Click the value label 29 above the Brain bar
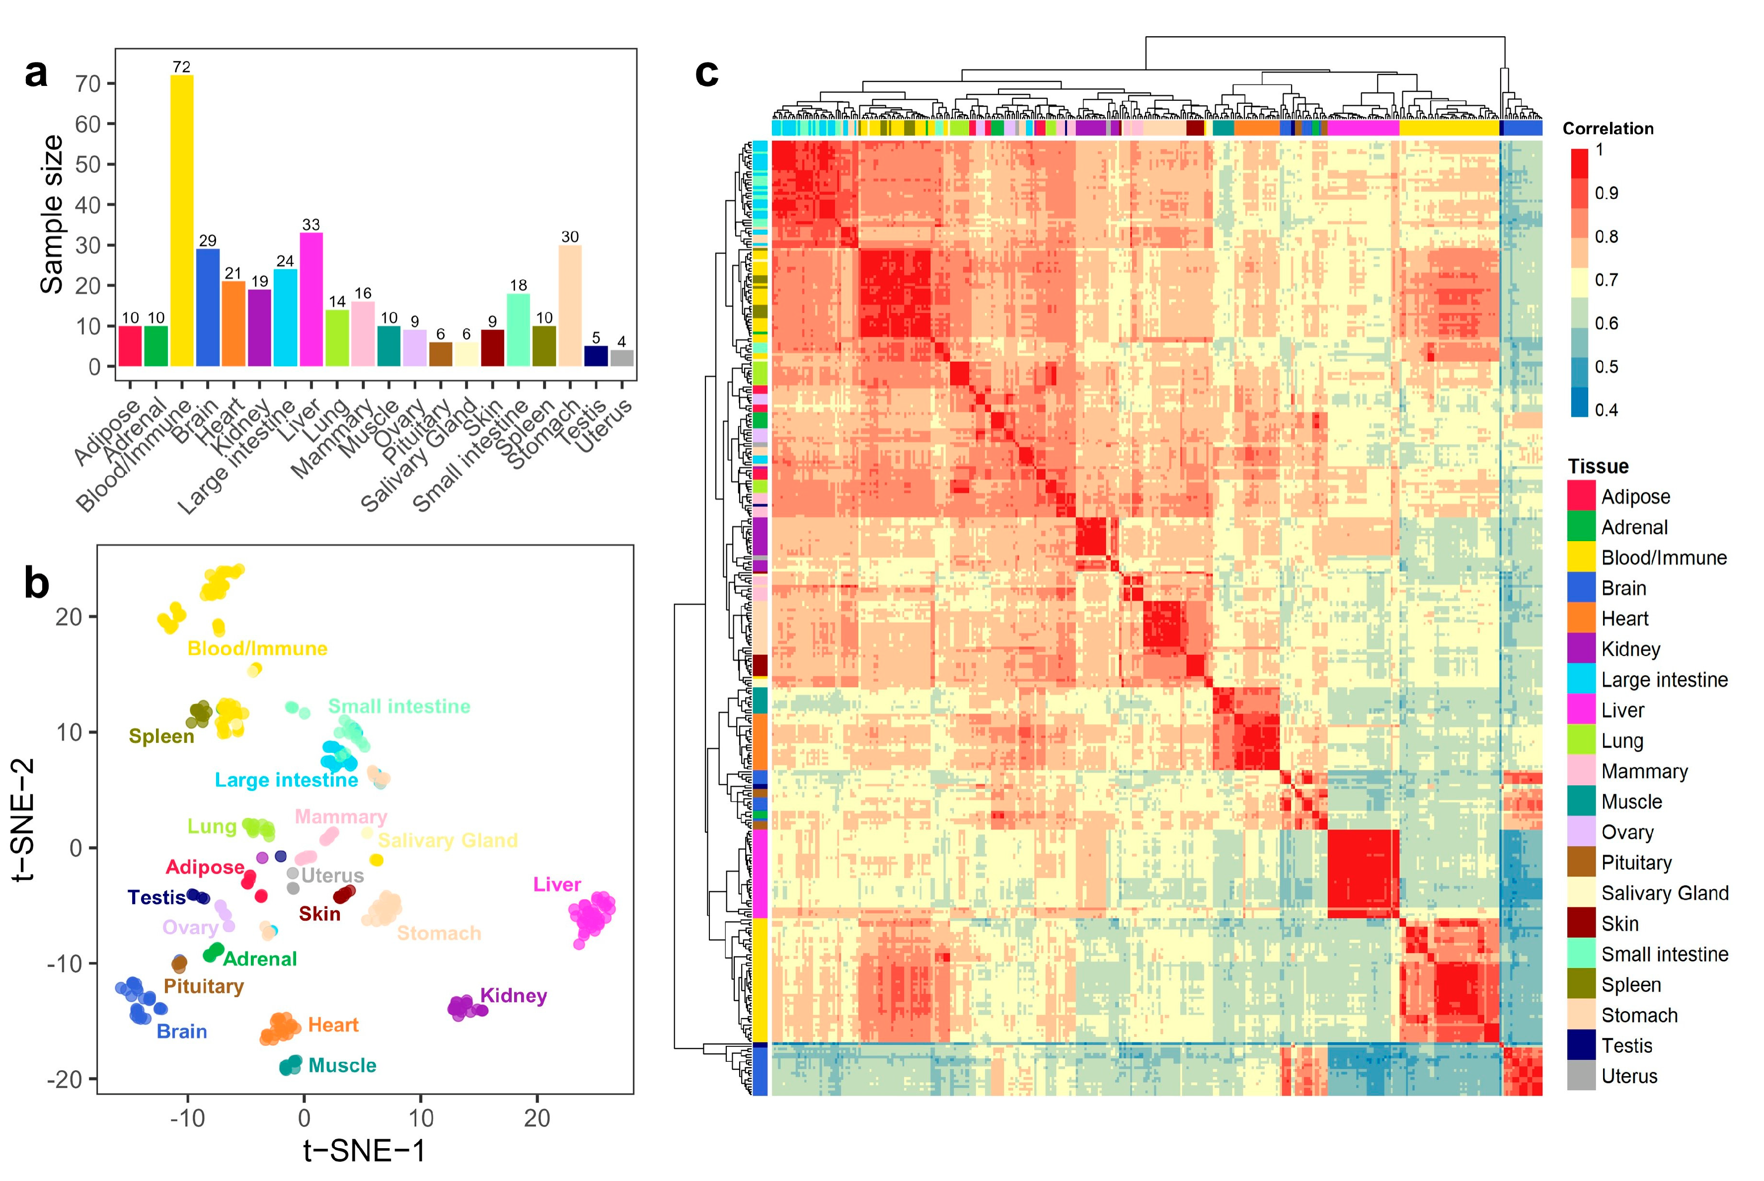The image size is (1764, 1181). (208, 241)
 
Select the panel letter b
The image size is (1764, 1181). (36, 584)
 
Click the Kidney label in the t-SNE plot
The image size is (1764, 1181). (514, 996)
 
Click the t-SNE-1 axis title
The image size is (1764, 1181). (365, 1150)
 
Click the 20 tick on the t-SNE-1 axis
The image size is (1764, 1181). (537, 1118)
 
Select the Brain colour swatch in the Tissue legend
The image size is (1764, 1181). (1581, 588)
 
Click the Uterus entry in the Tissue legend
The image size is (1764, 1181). (1628, 1076)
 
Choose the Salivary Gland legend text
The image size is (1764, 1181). (1665, 893)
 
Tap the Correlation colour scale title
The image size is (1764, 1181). (1608, 129)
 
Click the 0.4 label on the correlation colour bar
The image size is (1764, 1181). (1606, 410)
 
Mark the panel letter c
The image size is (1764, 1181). (706, 73)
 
